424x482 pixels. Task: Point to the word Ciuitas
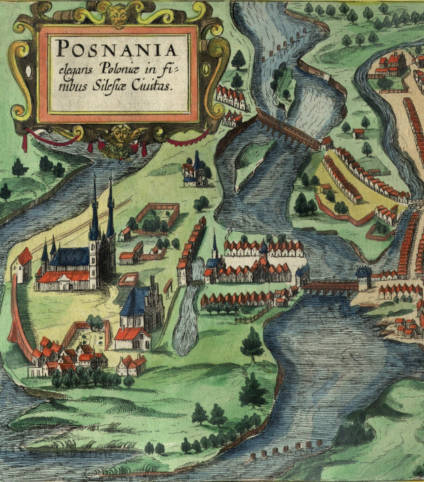coord(159,87)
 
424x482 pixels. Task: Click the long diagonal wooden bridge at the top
coord(287,131)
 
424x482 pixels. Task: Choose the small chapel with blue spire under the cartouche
coord(195,171)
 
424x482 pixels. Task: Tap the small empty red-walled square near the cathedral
coord(128,279)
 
